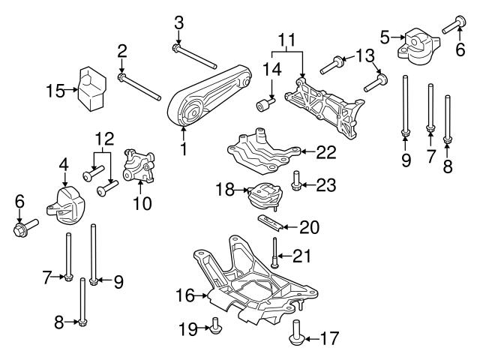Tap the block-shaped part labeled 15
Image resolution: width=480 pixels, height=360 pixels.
pos(92,87)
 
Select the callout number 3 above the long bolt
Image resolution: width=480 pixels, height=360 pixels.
pos(178,22)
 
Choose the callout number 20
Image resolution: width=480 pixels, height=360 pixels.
pos(309,225)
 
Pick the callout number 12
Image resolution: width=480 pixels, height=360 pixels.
pos(106,139)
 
